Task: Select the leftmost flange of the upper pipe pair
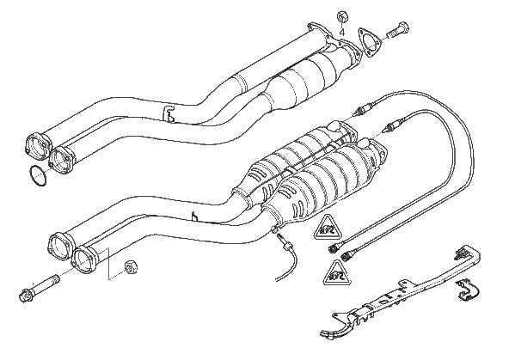(x=39, y=143)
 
